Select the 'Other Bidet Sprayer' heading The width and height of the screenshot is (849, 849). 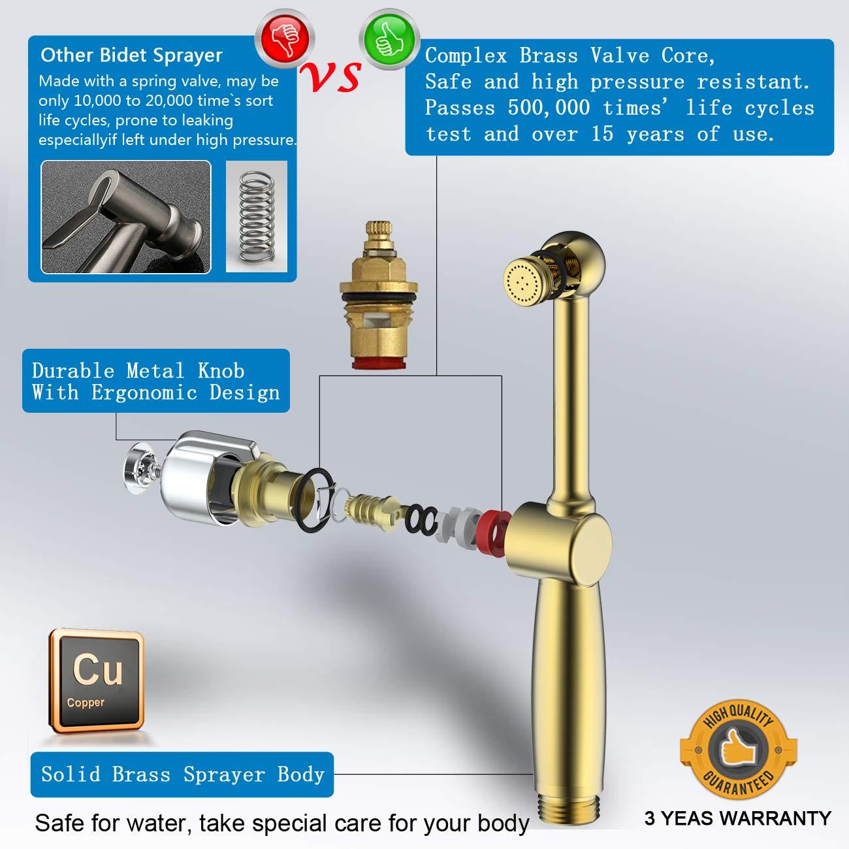click(x=131, y=56)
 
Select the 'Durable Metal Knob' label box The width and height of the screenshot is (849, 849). click(x=155, y=381)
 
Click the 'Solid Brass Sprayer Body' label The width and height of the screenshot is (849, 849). click(x=182, y=775)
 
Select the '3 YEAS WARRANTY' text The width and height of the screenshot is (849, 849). click(x=737, y=818)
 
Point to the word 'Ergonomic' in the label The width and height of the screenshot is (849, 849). click(x=144, y=392)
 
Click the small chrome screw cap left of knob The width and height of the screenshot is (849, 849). click(x=139, y=465)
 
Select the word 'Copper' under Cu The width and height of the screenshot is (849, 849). click(x=86, y=703)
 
